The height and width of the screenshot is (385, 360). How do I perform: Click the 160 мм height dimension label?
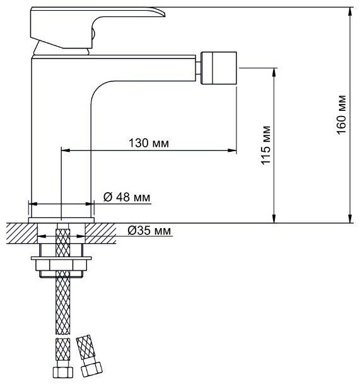pos(341,115)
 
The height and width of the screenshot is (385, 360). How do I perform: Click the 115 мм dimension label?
pos(265,145)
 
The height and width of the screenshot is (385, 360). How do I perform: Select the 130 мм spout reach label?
pos(149,143)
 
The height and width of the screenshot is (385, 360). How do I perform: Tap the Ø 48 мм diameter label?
pos(127,197)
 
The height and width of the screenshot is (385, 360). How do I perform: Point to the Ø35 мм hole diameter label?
pos(149,231)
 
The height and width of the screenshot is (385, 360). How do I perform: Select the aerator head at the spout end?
pos(219,68)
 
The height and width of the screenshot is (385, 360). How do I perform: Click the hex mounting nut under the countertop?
pos(61,265)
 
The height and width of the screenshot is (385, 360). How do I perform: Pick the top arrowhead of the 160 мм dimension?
pos(350,11)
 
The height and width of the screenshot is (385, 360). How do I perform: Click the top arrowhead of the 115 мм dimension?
pos(274,72)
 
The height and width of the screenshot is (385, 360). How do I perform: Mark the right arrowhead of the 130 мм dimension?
pos(232,150)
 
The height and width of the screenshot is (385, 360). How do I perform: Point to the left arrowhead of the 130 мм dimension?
pos(66,150)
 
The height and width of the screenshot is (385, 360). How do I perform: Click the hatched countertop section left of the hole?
pos(21,233)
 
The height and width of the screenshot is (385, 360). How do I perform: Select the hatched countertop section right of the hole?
pos(100,233)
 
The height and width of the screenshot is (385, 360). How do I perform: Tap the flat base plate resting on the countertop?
pos(61,221)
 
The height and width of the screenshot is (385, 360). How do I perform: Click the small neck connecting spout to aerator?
pos(199,68)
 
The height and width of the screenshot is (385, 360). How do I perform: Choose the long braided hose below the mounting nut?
pos(63,302)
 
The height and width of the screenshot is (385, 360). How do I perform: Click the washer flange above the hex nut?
pos(61,258)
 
